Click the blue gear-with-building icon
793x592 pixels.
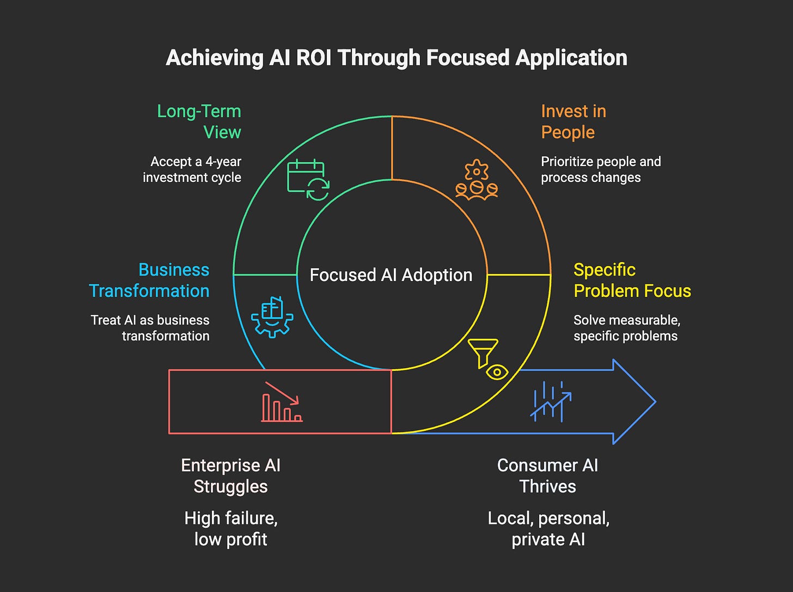point(272,316)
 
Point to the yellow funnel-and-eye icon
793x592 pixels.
point(489,359)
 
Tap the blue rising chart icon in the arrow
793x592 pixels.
point(551,401)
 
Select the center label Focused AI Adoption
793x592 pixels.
point(391,275)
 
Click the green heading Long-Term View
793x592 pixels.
point(199,121)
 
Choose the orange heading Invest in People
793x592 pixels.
point(573,121)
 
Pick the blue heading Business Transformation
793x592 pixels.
point(149,280)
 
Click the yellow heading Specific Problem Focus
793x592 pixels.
point(632,280)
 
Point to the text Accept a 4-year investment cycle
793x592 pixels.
point(192,169)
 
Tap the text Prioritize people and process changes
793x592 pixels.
point(600,169)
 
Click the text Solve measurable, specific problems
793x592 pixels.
point(626,328)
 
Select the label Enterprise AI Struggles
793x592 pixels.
point(231,475)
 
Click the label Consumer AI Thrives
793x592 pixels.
point(547,475)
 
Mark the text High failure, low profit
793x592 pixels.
point(231,528)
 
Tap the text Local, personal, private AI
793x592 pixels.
point(548,528)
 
